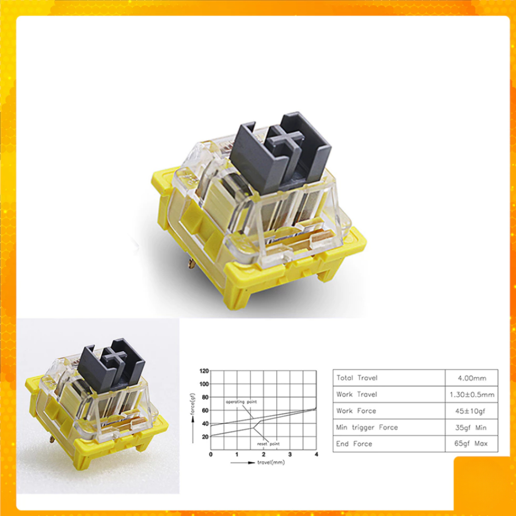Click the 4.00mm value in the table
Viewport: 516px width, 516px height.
click(x=472, y=378)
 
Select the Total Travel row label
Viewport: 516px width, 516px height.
click(x=357, y=378)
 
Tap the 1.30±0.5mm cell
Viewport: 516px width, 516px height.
click(x=472, y=395)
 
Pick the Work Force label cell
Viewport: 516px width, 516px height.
click(x=356, y=411)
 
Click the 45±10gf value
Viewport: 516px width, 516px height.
click(x=470, y=411)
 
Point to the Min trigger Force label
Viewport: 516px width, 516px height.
click(x=367, y=427)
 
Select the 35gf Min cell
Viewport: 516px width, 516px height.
click(x=471, y=427)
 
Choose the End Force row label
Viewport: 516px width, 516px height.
click(x=354, y=443)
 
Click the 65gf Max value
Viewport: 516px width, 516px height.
click(x=471, y=443)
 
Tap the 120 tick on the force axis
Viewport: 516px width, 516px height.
click(x=204, y=371)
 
